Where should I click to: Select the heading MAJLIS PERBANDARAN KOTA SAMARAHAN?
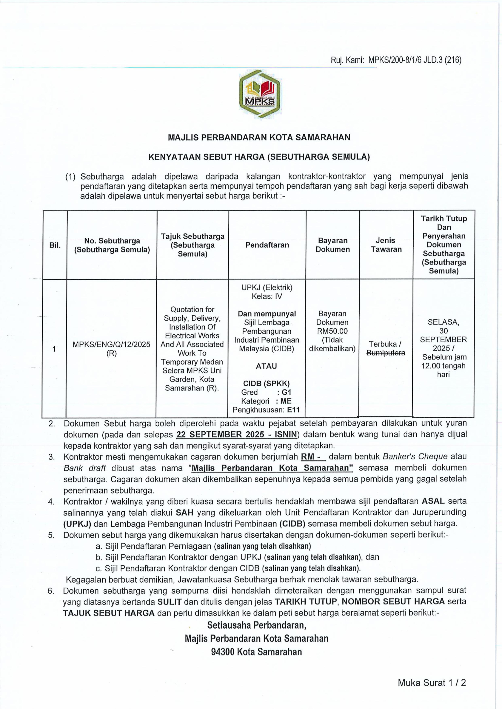[x=259, y=137]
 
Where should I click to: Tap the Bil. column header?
[x=55, y=245]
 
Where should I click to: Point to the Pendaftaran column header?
[x=267, y=245]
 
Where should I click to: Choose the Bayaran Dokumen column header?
[x=333, y=245]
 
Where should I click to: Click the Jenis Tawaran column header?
[x=386, y=245]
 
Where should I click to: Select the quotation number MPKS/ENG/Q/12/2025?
[x=111, y=344]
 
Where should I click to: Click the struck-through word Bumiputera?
[x=386, y=353]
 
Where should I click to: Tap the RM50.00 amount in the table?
[x=332, y=331]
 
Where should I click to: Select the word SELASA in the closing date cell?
[x=443, y=322]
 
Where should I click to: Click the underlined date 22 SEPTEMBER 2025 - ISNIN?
[x=236, y=434]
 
